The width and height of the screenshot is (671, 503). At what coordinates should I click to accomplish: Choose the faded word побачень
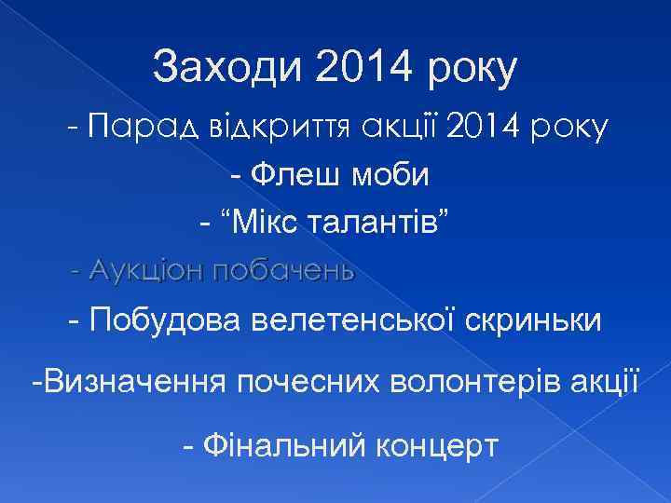pos(283,271)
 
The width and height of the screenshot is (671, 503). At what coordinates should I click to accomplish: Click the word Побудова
pos(168,320)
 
